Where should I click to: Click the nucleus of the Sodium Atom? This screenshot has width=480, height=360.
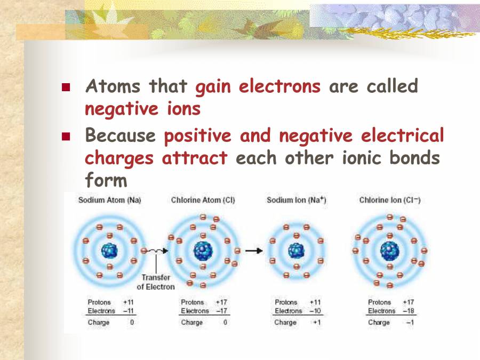coord(109,251)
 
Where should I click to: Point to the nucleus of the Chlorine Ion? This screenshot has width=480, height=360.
coord(390,250)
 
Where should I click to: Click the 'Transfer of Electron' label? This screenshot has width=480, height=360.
coord(156,282)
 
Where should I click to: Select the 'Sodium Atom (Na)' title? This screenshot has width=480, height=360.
coord(109,201)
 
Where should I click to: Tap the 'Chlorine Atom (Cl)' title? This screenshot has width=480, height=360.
coord(203,201)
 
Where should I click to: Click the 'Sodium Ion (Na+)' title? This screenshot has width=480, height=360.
coord(296,201)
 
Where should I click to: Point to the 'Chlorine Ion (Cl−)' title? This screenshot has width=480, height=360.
coord(390,201)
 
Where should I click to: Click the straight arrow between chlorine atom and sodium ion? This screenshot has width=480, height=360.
coord(254,251)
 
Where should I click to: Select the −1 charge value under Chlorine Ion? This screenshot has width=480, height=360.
coord(410,323)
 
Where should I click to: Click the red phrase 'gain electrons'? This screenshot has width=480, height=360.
coord(258,86)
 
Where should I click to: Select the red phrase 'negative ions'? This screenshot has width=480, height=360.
coord(143,109)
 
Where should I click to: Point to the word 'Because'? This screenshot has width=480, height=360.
coord(120,136)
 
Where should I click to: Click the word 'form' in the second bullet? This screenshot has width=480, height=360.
coord(106,181)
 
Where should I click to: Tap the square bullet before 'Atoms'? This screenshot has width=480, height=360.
coord(66,87)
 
